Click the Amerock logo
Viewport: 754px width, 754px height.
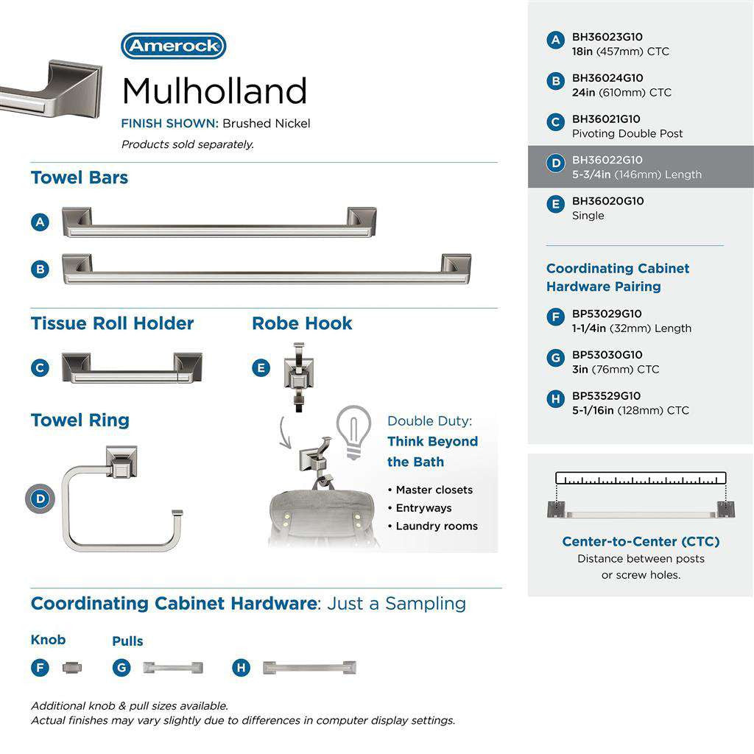[173, 46]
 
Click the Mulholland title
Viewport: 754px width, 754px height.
[214, 91]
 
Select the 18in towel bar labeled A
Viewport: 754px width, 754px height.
[219, 222]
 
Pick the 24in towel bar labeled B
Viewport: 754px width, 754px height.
[266, 269]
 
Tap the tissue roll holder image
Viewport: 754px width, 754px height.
[132, 367]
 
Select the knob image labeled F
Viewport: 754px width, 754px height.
[72, 668]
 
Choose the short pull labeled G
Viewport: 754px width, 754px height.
[172, 668]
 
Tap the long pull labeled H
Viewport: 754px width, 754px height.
[309, 668]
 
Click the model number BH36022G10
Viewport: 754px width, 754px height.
[607, 160]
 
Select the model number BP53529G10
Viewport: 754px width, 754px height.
[606, 396]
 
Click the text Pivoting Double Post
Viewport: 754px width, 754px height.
[627, 134]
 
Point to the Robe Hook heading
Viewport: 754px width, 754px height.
[302, 323]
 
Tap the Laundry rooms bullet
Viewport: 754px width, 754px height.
[436, 526]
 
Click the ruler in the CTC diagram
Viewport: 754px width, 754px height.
[641, 478]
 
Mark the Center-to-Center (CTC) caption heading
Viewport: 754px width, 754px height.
[641, 542]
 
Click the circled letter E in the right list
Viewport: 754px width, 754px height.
[556, 204]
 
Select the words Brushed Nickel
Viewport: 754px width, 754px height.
[267, 124]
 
